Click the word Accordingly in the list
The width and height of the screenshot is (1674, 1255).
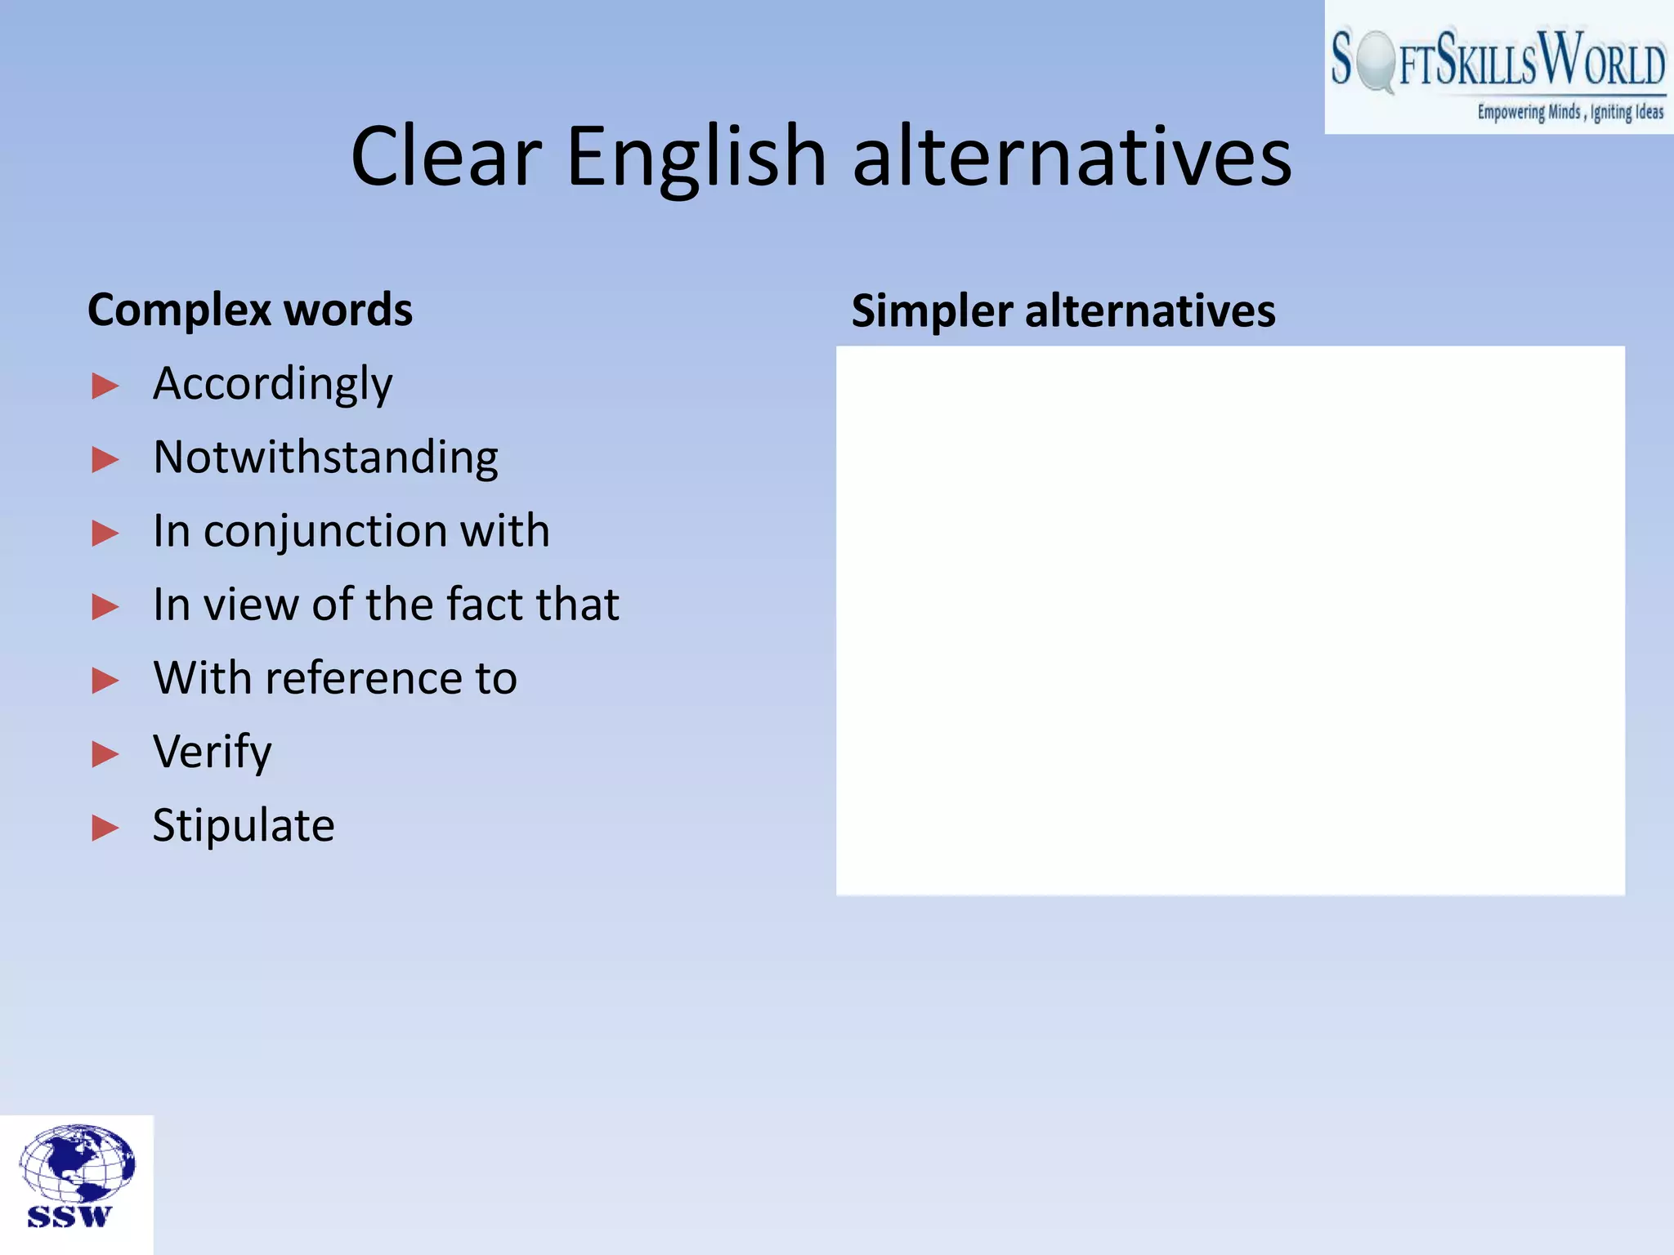click(272, 385)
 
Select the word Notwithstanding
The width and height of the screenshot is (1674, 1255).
click(325, 458)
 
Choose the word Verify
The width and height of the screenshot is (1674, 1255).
click(212, 753)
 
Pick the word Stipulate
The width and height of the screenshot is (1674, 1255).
click(244, 825)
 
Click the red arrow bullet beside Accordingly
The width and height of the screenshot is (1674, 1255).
click(105, 386)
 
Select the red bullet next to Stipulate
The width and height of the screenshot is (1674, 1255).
click(105, 828)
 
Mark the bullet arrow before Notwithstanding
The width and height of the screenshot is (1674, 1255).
click(105, 459)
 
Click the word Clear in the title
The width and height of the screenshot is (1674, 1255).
click(446, 156)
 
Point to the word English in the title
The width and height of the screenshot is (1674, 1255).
click(696, 156)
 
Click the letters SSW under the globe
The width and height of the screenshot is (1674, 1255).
click(69, 1217)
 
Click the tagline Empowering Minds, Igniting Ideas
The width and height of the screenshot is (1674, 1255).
click(1569, 112)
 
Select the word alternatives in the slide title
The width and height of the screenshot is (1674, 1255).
click(1072, 156)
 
